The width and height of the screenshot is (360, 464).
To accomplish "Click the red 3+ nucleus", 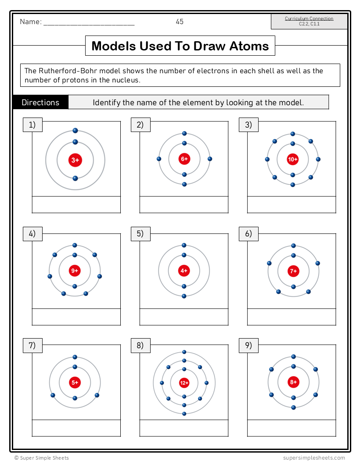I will pos(75,160).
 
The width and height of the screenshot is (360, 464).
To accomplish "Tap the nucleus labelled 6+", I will pos(184,159).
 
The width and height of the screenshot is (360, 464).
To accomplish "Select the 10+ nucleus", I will pos(292,159).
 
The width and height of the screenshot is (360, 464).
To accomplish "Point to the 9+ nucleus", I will pos(75,271).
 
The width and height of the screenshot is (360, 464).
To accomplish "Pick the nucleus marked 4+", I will pos(184,271).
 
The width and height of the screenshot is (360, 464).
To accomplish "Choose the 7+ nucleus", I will pos(293,271).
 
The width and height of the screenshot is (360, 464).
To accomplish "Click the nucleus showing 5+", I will pos(75,382).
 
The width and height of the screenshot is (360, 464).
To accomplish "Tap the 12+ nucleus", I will pos(184,383).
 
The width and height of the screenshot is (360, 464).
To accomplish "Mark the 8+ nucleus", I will pos(293,382).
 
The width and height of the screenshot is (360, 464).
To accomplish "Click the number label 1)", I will pos(32,125).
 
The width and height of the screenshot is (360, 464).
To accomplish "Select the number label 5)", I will pos(140,234).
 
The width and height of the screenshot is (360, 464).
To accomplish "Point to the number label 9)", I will pos(248,346).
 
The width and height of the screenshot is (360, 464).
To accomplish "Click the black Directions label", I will pos(40,103).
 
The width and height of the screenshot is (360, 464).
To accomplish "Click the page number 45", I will pos(180,21).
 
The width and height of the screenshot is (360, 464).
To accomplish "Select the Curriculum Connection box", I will pos(309,21).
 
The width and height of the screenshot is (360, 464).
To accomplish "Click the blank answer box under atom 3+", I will pos(76,204).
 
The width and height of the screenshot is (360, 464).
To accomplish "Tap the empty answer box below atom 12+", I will pos(184,428).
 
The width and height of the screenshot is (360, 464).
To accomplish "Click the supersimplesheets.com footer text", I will pos(314,458).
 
